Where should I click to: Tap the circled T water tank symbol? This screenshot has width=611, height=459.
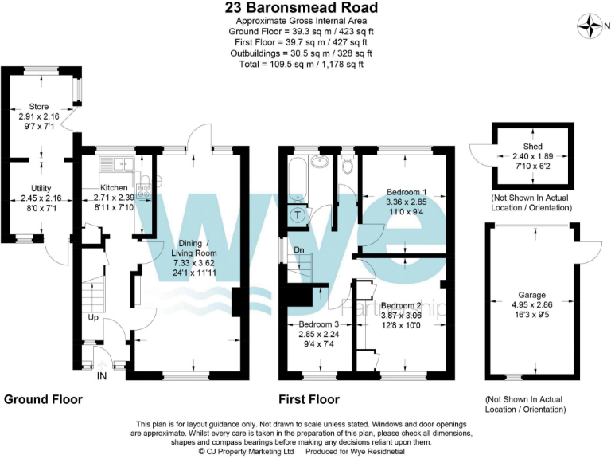click(x=298, y=215)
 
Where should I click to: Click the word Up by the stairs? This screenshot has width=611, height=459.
click(x=93, y=318)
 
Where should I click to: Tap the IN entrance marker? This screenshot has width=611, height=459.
click(x=102, y=375)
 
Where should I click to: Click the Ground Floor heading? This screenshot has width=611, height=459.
click(x=41, y=398)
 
